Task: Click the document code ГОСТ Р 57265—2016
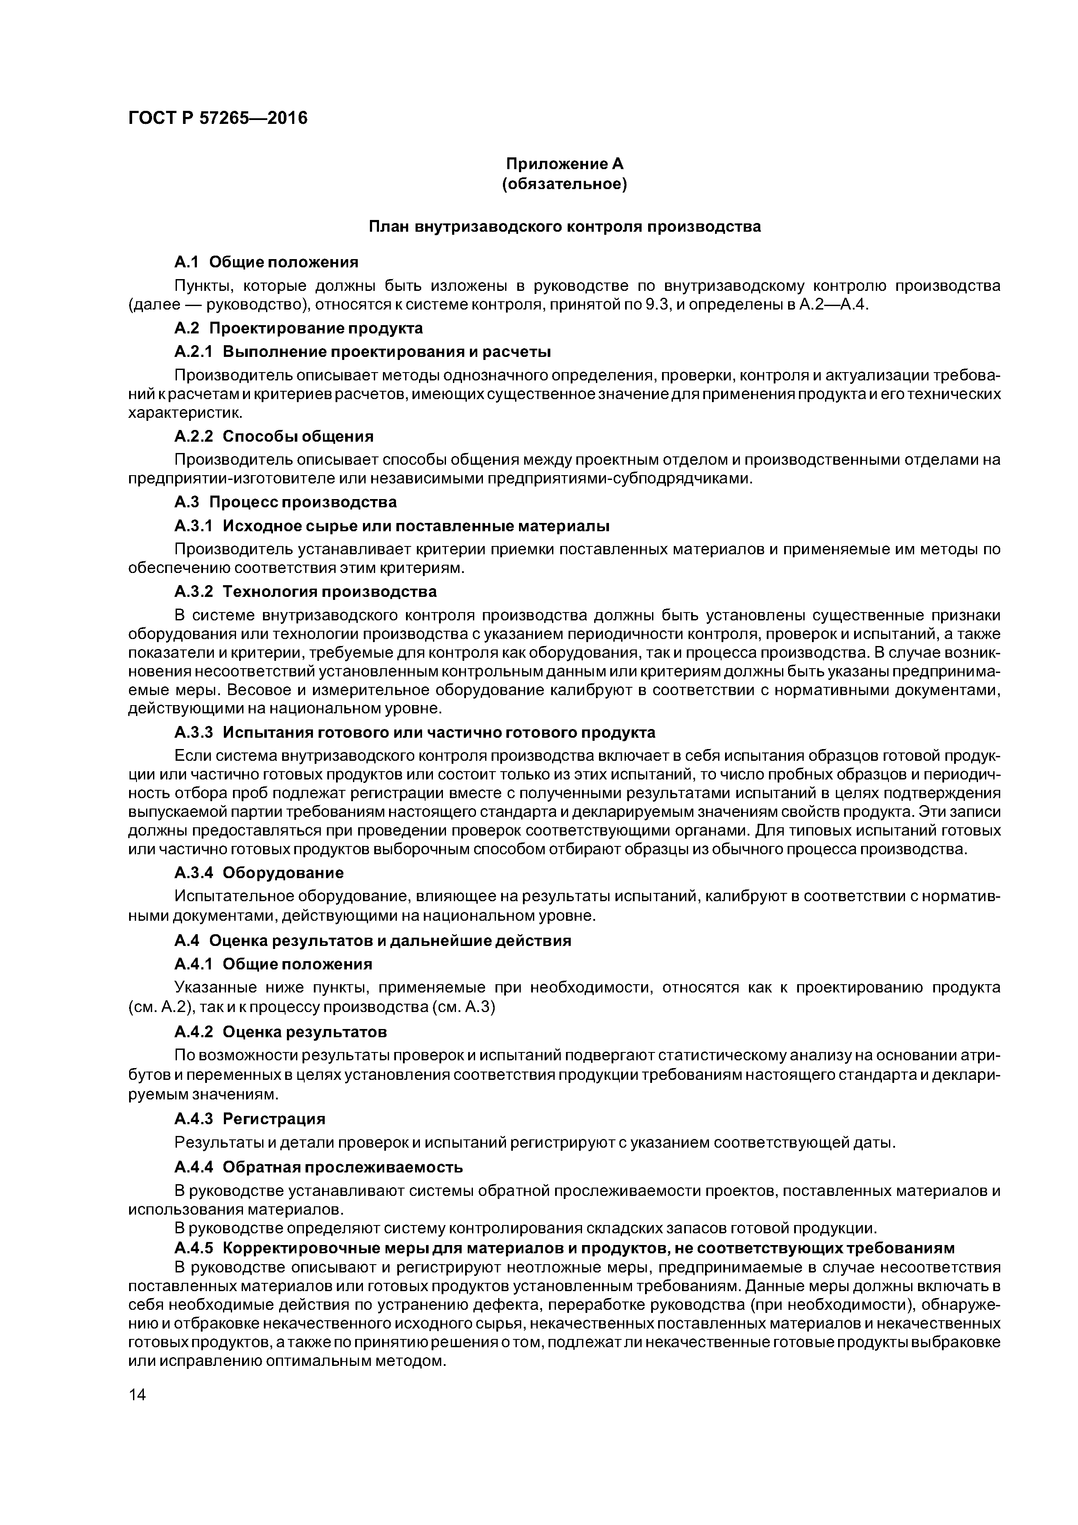click(x=218, y=118)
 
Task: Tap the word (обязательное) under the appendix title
click(x=565, y=183)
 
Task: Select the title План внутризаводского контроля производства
click(x=565, y=226)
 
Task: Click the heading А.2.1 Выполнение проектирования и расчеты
click(x=362, y=351)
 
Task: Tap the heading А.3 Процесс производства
click(x=286, y=502)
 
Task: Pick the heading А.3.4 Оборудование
click(x=259, y=872)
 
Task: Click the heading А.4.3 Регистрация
click(x=250, y=1119)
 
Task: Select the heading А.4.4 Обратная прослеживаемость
click(x=318, y=1167)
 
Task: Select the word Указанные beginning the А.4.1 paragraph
click(x=209, y=988)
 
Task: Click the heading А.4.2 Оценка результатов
click(x=280, y=1032)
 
